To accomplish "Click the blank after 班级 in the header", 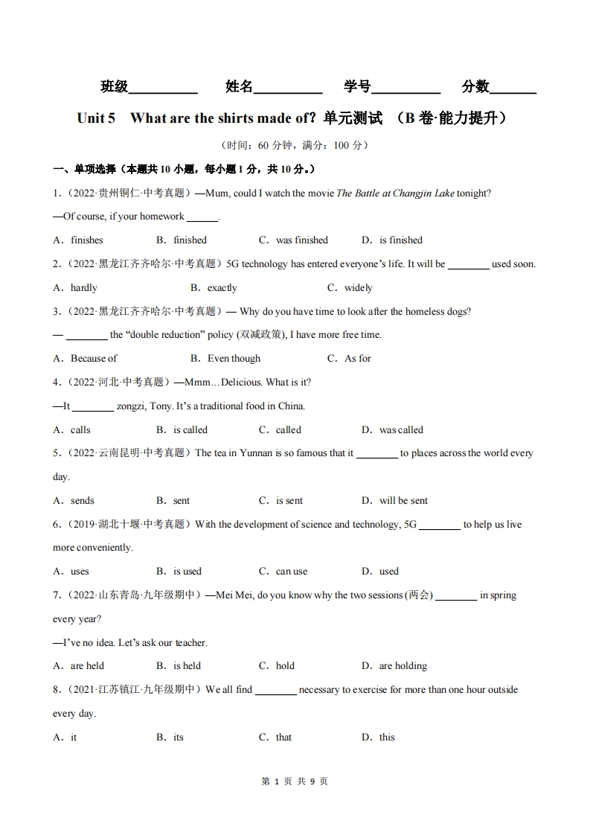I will pos(163,89).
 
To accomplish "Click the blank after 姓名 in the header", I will pos(288,89).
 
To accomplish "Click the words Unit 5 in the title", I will pos(96,118).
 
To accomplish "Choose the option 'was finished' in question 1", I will pos(301,240).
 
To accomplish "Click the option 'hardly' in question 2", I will pos(83,288).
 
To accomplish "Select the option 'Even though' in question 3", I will pos(234,359).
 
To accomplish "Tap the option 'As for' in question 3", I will pos(357,359).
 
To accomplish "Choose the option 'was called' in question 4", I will pos(401,430).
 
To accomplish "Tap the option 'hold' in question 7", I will pos(285,666).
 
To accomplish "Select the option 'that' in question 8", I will pos(283,738).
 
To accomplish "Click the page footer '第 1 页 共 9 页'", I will pos(295,781).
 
